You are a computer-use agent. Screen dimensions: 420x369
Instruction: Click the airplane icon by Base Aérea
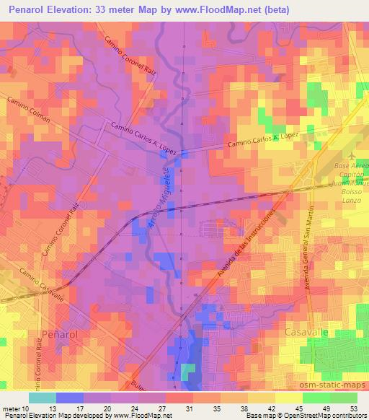tap(350, 157)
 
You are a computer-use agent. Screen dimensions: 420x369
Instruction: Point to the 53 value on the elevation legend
tap(352, 408)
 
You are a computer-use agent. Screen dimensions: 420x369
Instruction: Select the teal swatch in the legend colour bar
tap(43, 398)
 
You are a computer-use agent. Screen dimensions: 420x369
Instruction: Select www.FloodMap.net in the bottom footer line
tap(141, 416)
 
